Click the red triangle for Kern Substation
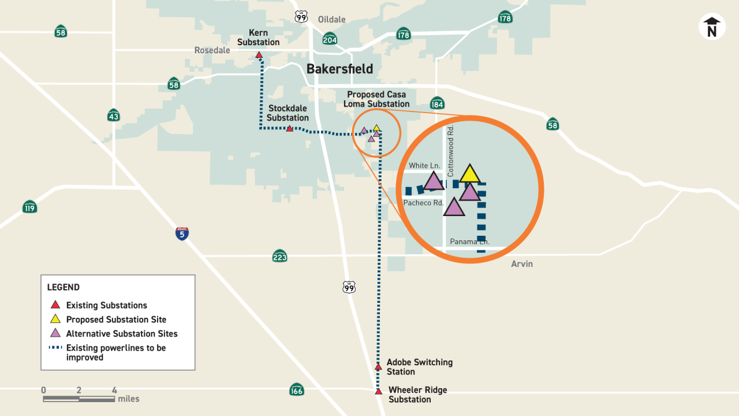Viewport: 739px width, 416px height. [x=259, y=55]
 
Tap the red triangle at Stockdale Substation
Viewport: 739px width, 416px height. [x=290, y=128]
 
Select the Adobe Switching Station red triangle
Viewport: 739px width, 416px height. [x=378, y=367]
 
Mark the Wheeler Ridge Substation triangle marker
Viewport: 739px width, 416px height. [x=378, y=392]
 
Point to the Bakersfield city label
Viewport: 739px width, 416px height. [x=339, y=69]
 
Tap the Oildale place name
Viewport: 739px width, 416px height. [x=331, y=20]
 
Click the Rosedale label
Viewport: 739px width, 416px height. [x=212, y=50]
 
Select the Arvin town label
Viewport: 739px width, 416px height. [x=522, y=264]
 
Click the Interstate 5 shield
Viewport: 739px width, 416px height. [x=182, y=233]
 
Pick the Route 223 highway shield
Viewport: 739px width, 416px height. [x=279, y=255]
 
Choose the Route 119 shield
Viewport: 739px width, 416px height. [x=30, y=206]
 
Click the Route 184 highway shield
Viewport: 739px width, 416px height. [x=437, y=103]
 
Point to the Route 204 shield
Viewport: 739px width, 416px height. [x=330, y=39]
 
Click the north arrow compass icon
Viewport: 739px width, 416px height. [x=712, y=27]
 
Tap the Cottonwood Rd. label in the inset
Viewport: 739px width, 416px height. [x=451, y=151]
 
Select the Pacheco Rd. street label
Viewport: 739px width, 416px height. [x=423, y=203]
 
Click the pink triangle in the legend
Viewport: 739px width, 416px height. [x=55, y=333]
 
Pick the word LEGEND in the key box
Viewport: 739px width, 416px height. [x=64, y=287]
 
